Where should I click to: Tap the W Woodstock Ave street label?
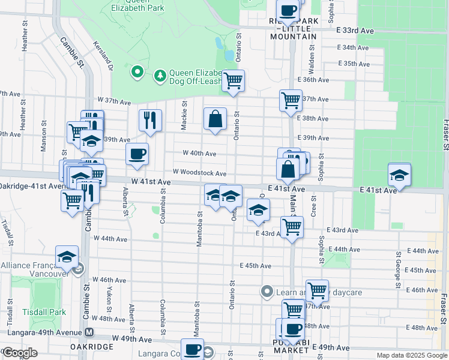point(199,173)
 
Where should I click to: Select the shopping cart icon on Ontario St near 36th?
point(233,80)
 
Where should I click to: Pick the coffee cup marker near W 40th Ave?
point(137,155)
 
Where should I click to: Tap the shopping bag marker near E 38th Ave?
point(214,119)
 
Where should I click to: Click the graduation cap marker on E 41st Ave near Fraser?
point(399,175)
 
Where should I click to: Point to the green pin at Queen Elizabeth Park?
point(137,73)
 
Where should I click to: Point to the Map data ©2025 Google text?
point(411,355)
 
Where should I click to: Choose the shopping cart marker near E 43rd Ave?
point(292,227)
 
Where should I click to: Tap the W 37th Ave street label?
point(113,101)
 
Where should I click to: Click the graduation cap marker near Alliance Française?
point(67,257)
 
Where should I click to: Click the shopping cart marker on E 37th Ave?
point(291,100)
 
